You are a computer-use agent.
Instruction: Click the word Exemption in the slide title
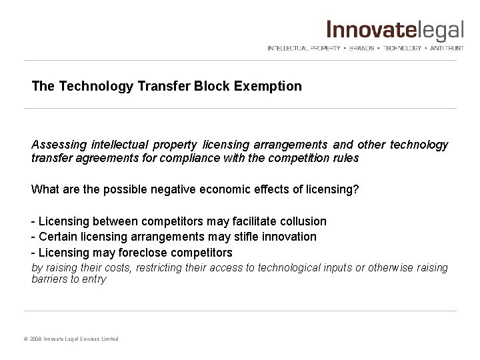pos(272,87)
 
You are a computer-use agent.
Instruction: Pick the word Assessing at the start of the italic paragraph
pos(57,145)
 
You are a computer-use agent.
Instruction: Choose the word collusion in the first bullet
pos(303,221)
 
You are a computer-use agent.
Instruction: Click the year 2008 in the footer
pos(37,339)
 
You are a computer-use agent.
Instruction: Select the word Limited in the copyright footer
pos(109,339)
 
